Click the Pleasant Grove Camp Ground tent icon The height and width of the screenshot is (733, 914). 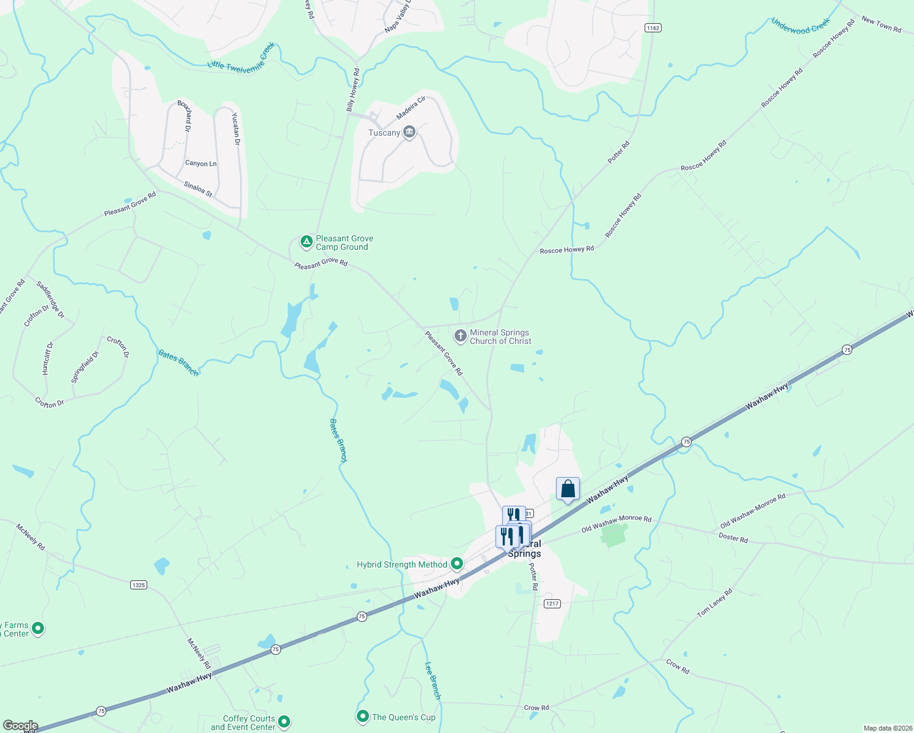point(306,242)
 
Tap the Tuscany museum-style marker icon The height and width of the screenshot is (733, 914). point(409,132)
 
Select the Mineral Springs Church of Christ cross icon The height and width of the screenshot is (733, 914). point(460,335)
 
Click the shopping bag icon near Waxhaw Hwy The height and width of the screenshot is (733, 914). point(568,489)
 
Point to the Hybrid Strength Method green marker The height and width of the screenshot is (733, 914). point(456,564)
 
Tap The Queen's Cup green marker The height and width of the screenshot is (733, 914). point(363,715)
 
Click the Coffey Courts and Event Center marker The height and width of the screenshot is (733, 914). point(283,722)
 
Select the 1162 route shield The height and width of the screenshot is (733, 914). point(653,28)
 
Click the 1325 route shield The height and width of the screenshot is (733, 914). point(139,585)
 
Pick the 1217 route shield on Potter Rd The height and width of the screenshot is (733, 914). point(552,604)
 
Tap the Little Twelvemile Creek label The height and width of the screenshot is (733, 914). point(241,59)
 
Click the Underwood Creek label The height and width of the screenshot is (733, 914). point(800,26)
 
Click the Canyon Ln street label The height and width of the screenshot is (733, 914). point(201,164)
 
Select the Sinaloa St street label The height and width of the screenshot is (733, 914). point(198,189)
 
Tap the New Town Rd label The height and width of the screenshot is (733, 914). point(881,24)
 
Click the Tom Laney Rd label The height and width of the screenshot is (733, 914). point(715,602)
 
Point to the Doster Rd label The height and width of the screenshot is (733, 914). point(733,538)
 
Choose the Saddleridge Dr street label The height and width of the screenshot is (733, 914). point(50,299)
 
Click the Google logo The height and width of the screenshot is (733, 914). point(21,726)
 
